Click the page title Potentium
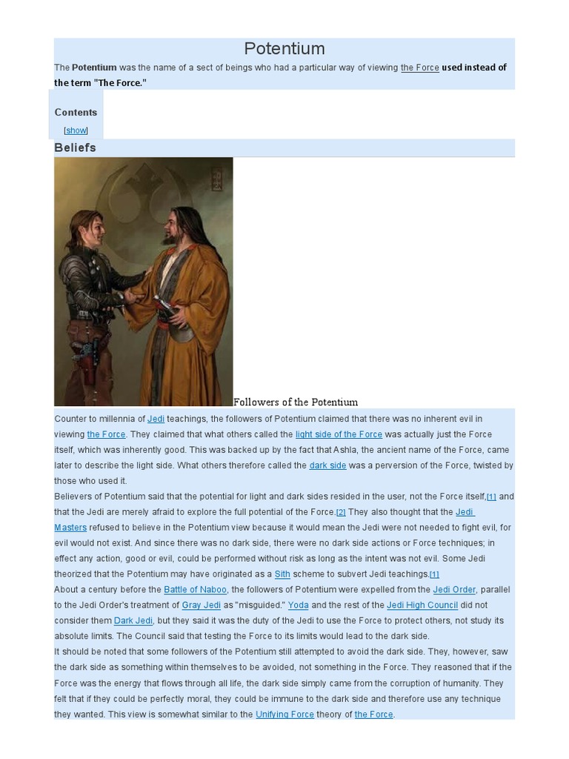tap(284, 49)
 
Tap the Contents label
tap(76, 112)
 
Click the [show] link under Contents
tap(76, 130)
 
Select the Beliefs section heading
tap(75, 148)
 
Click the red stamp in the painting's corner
tap(216, 178)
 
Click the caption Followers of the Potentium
tap(295, 402)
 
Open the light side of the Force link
tap(339, 434)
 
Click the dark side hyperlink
tap(327, 465)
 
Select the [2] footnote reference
tap(341, 512)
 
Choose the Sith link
tap(282, 574)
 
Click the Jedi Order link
tap(454, 589)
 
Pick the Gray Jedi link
tap(202, 605)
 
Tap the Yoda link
tap(298, 605)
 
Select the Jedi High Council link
tap(422, 605)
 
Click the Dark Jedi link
tap(133, 620)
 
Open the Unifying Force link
tap(284, 715)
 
